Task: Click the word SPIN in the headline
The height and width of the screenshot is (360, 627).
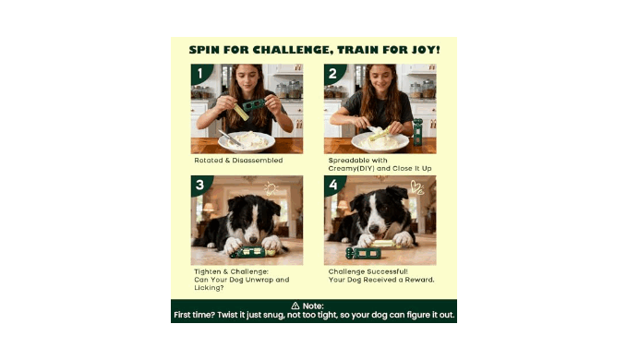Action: click(204, 50)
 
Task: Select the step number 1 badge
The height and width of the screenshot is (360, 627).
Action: click(200, 74)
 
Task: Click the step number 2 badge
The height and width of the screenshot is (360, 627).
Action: click(333, 74)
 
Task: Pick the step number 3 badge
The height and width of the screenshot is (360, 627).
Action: click(200, 185)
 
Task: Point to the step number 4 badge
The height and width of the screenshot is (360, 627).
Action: click(333, 185)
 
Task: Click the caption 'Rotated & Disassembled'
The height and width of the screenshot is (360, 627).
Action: click(238, 161)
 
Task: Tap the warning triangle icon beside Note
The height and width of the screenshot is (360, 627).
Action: click(295, 306)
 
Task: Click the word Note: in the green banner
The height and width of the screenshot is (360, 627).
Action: click(313, 306)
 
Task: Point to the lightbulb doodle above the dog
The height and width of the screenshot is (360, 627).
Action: click(271, 188)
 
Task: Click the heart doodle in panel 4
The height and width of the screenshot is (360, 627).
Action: click(416, 187)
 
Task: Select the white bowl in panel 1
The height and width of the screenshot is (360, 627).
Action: click(247, 142)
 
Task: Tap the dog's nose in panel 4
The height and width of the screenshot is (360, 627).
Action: click(373, 229)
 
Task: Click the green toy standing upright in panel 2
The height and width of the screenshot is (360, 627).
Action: click(417, 132)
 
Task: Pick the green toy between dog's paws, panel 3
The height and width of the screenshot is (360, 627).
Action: click(252, 252)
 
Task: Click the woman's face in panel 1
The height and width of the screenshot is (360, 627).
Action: click(247, 78)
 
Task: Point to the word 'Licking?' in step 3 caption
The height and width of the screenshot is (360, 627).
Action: click(209, 288)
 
